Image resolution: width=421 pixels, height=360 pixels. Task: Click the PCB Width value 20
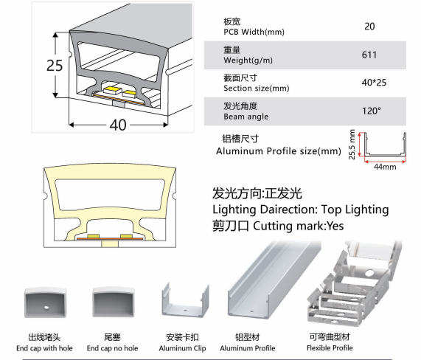click(x=369, y=27)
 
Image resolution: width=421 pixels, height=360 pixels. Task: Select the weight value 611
click(x=369, y=55)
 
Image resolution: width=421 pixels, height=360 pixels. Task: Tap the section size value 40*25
click(x=374, y=83)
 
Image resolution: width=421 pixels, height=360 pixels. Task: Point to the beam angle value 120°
click(x=372, y=111)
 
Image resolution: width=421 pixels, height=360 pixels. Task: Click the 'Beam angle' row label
click(x=246, y=117)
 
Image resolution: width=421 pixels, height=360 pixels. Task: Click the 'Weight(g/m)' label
click(x=248, y=60)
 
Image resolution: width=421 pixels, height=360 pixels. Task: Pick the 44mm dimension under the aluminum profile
click(x=385, y=167)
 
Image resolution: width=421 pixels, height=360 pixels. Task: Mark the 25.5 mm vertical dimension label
click(x=352, y=145)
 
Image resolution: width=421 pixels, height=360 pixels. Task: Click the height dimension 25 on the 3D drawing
click(x=55, y=66)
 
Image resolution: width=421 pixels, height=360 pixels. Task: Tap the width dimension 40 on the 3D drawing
click(x=118, y=125)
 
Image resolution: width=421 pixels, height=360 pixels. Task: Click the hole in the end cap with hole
click(x=46, y=308)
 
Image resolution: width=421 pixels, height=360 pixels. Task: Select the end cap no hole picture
click(x=114, y=302)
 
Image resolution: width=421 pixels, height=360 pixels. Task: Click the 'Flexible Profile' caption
click(x=330, y=348)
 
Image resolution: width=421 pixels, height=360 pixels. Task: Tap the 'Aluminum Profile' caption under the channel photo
click(x=248, y=348)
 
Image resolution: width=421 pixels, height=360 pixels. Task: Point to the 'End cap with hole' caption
click(x=44, y=348)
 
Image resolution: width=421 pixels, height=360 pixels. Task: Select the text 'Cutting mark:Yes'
click(x=299, y=226)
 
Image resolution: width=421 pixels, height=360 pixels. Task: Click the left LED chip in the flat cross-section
click(x=93, y=236)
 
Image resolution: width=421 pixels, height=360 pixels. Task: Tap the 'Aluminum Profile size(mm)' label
click(x=279, y=151)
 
